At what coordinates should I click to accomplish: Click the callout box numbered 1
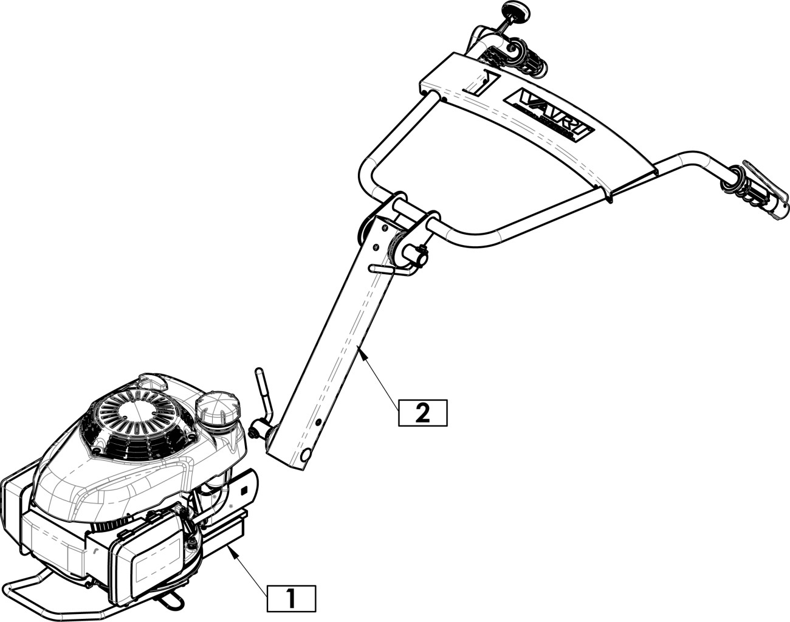[x=291, y=599]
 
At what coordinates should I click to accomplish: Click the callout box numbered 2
[x=422, y=412]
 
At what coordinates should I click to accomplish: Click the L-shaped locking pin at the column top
[x=395, y=265]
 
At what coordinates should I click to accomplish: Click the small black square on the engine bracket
[x=244, y=490]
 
